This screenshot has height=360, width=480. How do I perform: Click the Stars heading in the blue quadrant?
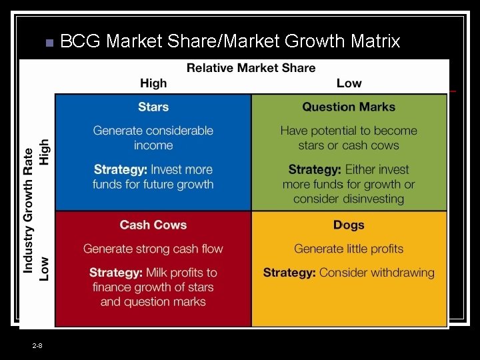(153, 107)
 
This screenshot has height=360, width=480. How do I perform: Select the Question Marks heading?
(349, 107)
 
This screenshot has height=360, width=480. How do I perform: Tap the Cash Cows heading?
(153, 225)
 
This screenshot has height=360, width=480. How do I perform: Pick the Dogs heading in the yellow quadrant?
(349, 225)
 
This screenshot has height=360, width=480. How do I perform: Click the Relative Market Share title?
(251, 67)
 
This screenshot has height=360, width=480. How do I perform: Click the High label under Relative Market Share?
(153, 83)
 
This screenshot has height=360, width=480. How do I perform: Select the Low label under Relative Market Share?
(349, 83)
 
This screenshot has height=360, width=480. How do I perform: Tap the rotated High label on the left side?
(45, 151)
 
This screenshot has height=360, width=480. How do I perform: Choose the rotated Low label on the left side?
(45, 268)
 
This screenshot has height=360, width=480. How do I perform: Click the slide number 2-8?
(37, 345)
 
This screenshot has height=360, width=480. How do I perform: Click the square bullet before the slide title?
(48, 43)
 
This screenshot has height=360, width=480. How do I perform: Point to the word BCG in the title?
(81, 41)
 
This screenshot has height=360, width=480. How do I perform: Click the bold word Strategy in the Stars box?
(121, 169)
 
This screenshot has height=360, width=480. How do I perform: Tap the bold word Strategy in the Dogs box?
(289, 272)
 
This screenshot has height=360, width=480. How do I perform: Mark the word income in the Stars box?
(153, 145)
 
